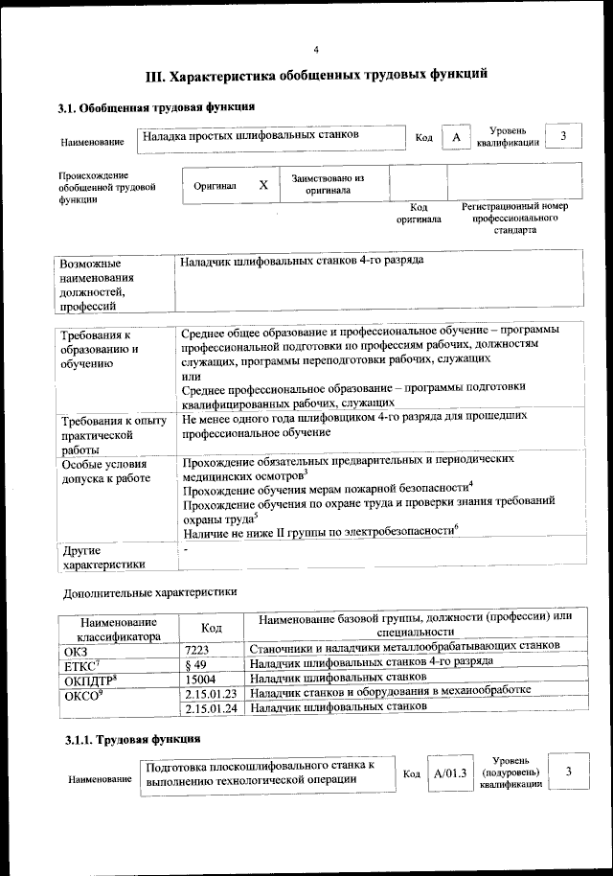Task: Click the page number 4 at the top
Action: (315, 50)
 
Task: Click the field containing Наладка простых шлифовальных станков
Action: (251, 136)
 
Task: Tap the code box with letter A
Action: (457, 138)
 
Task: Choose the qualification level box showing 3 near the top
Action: (564, 136)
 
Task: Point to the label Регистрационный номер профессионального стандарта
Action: (514, 219)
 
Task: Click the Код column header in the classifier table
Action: (212, 627)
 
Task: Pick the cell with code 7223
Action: (197, 648)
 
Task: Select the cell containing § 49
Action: (195, 663)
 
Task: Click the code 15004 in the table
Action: (200, 679)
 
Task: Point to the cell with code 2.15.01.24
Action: (212, 708)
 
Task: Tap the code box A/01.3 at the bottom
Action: (449, 773)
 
